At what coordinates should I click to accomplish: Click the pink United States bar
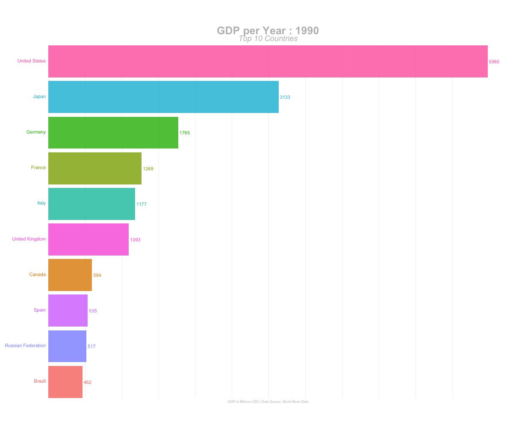tap(268, 61)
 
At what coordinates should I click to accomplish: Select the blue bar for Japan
tap(163, 97)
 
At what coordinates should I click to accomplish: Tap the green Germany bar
tap(113, 133)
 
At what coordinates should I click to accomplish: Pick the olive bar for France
tap(94, 168)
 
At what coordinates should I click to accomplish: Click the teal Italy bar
tap(91, 204)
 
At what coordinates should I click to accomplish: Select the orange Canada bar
tap(70, 275)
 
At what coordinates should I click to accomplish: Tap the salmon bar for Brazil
tap(65, 382)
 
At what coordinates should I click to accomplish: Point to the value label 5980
tap(494, 62)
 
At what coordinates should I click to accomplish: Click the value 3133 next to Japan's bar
tap(285, 98)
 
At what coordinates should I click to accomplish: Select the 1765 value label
tap(184, 133)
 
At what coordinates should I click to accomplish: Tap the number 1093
tap(135, 240)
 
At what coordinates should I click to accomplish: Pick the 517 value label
tap(91, 346)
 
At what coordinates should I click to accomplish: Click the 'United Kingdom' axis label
tap(29, 239)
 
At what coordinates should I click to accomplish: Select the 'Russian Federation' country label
tap(25, 345)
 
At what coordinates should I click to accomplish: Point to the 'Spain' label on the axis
tap(39, 310)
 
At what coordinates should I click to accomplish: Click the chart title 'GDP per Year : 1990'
tap(268, 30)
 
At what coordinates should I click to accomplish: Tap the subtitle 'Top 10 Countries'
tap(268, 39)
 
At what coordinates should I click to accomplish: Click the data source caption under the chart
tap(268, 401)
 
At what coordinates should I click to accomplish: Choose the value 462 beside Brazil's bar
tap(87, 382)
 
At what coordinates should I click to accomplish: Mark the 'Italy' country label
tap(41, 203)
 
